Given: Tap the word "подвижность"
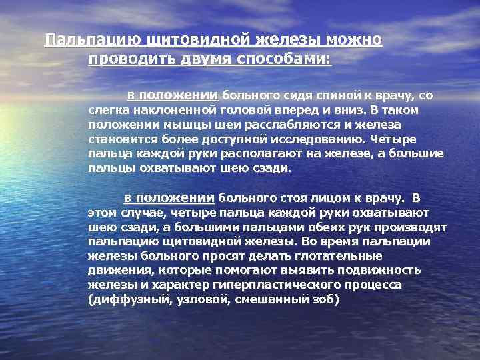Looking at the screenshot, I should click(x=383, y=271).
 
